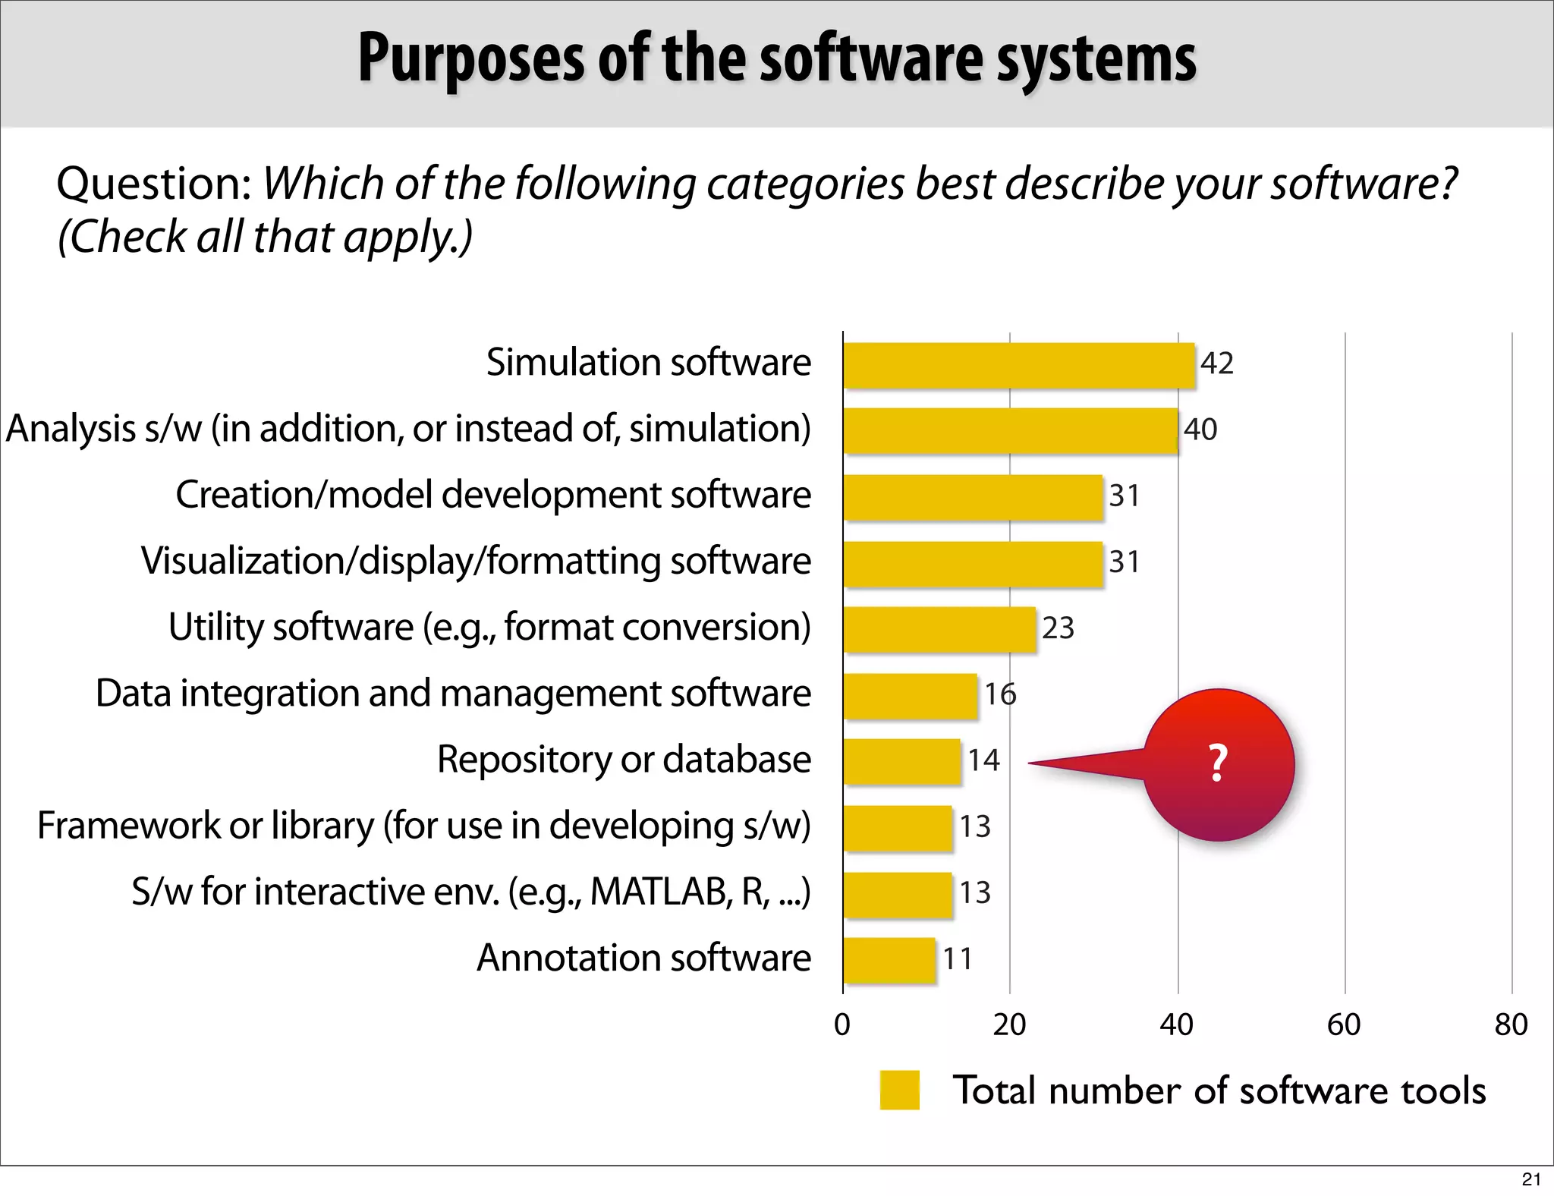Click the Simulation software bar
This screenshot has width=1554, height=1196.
tap(1018, 366)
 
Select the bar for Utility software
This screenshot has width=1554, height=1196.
tap(939, 629)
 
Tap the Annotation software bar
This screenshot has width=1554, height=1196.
tap(889, 960)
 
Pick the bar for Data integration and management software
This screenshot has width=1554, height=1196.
tap(910, 696)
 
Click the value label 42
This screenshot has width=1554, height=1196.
tap(1216, 364)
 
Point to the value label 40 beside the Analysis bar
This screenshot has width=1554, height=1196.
tap(1200, 430)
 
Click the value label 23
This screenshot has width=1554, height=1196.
tap(1058, 628)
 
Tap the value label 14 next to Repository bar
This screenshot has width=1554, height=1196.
tap(983, 760)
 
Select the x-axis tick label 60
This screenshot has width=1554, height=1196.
tap(1344, 1025)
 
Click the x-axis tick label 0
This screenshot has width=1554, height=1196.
tap(842, 1025)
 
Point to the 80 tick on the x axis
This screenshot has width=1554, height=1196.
tap(1511, 1025)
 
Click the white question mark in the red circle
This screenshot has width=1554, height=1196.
tap(1218, 763)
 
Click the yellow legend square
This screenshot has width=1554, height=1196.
tap(899, 1091)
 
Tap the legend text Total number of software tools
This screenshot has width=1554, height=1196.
tap(1219, 1091)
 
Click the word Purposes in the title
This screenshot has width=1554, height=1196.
tap(470, 59)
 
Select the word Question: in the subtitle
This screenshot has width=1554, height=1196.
tap(154, 184)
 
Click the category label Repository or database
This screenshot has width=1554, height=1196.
tap(624, 760)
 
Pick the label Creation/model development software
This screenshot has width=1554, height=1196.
tap(493, 495)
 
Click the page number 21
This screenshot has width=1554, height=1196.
tap(1531, 1179)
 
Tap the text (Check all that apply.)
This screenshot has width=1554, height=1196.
tap(265, 237)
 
